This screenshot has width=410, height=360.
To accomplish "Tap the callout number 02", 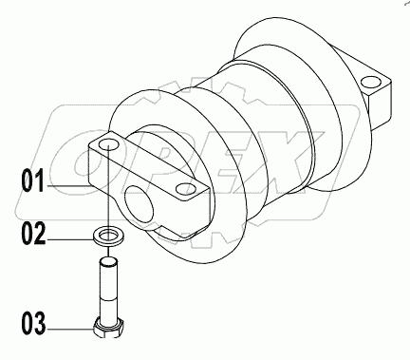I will click(32, 234).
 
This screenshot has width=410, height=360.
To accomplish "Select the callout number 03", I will click(32, 327).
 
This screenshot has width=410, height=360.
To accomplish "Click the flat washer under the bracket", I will click(109, 234).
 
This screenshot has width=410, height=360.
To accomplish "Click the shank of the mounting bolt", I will click(109, 290).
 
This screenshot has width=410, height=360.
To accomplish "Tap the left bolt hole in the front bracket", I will click(108, 142).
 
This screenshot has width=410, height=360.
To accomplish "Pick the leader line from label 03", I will click(71, 327).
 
